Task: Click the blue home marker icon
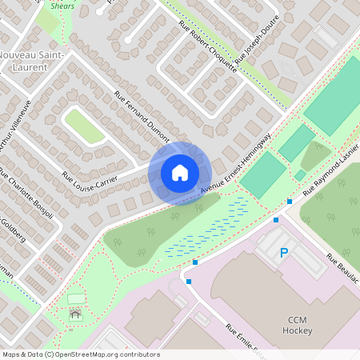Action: pyautogui.click(x=179, y=173)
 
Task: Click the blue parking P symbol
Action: pyautogui.click(x=283, y=254)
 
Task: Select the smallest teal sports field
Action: pyautogui.click(x=300, y=175)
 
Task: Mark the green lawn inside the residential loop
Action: pyautogui.click(x=84, y=126)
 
